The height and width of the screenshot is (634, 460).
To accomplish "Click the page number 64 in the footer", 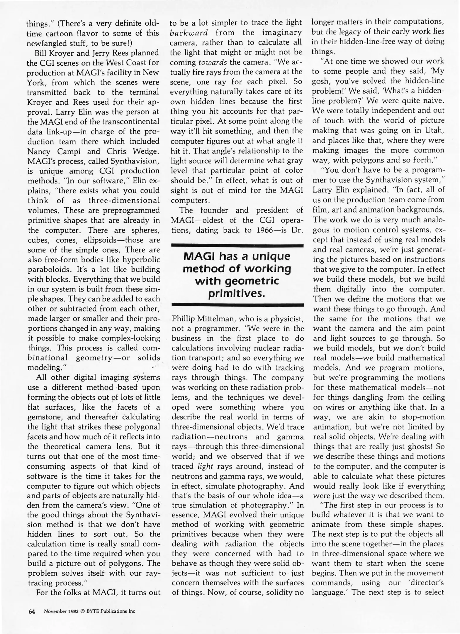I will pos(31,611).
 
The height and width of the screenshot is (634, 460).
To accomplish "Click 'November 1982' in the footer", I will pos(61,611).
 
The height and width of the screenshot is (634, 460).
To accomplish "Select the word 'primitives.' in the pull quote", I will pos(237,293).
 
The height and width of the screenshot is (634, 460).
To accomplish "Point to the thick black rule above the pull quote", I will pos(237,246).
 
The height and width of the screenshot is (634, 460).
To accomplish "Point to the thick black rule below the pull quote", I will pos(237,305).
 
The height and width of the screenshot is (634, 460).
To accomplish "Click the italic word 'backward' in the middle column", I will pos(189,32).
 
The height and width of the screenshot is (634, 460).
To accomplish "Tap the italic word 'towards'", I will pos(213,62).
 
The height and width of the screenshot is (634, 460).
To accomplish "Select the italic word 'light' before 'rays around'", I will pos(205,466).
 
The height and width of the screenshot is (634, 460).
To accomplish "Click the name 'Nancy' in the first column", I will pos(39,151).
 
